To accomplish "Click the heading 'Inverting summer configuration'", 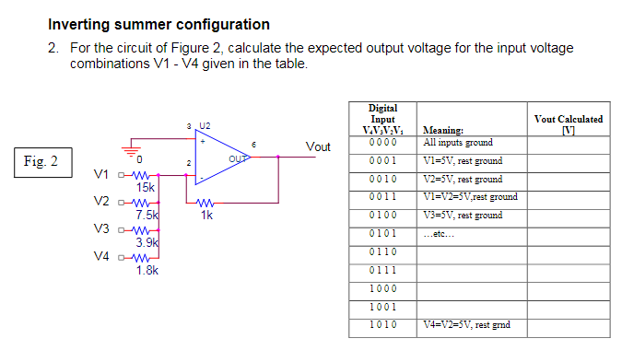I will click(x=158, y=25).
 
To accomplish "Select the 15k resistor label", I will click(x=146, y=188).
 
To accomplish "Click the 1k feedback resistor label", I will click(x=206, y=216).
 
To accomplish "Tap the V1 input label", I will click(x=102, y=174).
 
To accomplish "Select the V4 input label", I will click(x=102, y=257).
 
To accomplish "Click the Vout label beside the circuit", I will click(x=318, y=147).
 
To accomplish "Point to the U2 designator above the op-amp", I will click(x=204, y=124).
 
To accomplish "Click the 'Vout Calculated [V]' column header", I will click(x=569, y=123).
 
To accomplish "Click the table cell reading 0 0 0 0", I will click(x=382, y=143).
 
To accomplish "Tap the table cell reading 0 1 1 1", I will click(x=382, y=269).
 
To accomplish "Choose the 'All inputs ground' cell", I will click(x=457, y=143).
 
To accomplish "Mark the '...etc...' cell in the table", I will click(x=440, y=233).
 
